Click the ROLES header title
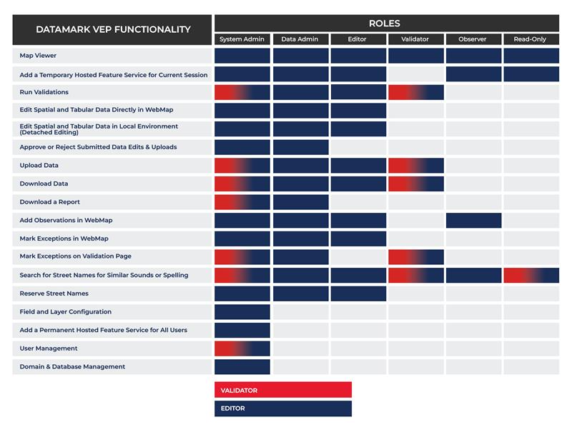[x=386, y=24]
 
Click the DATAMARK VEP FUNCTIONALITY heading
[x=113, y=29]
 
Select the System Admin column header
[x=242, y=39]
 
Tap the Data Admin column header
[x=300, y=39]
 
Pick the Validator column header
[x=415, y=39]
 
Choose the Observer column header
[x=473, y=39]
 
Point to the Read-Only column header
[x=531, y=39]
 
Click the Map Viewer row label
[x=38, y=56]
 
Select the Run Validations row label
[x=44, y=92]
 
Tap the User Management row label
[x=49, y=348]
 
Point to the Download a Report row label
[x=50, y=202]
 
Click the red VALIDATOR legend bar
[x=282, y=390]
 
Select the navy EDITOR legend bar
[x=282, y=408]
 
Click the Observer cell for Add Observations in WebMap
[x=473, y=220]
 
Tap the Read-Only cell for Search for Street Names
[x=531, y=275]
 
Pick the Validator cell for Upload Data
[x=415, y=165]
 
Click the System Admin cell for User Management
[x=242, y=348]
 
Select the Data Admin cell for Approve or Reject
[x=300, y=147]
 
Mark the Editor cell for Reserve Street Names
[x=357, y=293]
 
